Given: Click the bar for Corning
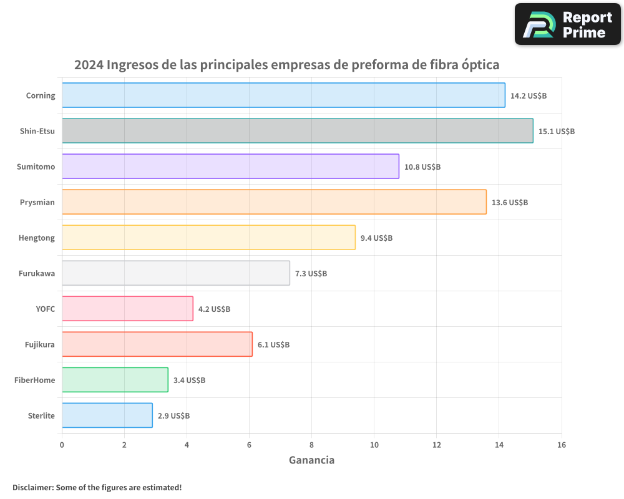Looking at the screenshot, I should point(283,95).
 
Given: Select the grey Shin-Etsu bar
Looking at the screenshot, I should point(298,131).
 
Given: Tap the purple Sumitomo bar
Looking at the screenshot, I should point(230,167).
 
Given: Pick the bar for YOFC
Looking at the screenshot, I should point(127,309).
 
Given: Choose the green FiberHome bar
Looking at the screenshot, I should point(115,380).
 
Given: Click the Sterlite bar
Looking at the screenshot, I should point(107,415).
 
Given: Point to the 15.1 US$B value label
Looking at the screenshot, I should point(557,132).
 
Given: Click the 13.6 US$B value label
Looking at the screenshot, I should point(510,203).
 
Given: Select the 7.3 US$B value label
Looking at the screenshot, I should point(311,274).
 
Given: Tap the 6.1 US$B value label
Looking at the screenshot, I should point(273,345).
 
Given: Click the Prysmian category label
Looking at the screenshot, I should point(37,203).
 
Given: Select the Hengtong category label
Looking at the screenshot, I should point(37,238).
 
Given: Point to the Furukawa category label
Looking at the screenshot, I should point(37,274).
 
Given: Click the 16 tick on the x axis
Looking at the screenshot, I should point(561,445).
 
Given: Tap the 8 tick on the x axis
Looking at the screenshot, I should point(311,445).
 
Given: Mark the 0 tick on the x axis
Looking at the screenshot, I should point(62,445).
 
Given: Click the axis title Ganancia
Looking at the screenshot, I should point(311,460).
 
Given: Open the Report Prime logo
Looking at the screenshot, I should point(568,24).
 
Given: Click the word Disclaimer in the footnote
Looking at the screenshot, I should point(32,487).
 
